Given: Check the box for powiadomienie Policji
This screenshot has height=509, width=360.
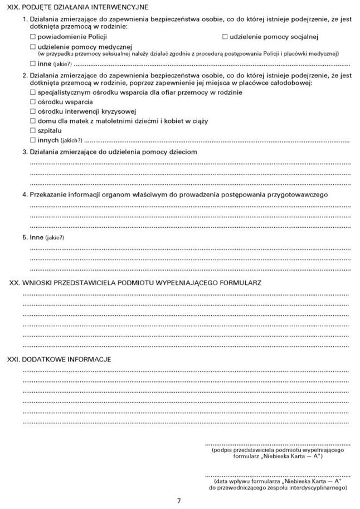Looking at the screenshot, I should click(33, 37).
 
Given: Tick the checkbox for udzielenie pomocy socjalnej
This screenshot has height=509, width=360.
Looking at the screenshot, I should click(225, 37).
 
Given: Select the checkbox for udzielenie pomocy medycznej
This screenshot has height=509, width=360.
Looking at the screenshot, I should click(33, 47).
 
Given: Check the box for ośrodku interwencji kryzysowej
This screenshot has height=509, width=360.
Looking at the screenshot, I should click(33, 111).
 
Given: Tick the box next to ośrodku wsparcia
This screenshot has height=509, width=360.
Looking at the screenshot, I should click(33, 102).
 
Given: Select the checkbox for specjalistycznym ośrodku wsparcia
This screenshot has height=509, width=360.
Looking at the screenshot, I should click(33, 92).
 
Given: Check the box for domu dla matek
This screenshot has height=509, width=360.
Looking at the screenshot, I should click(33, 121).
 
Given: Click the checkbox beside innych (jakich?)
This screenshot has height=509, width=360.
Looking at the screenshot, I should click(33, 140).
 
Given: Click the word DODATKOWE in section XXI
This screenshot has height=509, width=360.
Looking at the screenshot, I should click(46, 359).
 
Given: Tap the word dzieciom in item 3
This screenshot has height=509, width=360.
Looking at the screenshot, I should click(183, 152).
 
